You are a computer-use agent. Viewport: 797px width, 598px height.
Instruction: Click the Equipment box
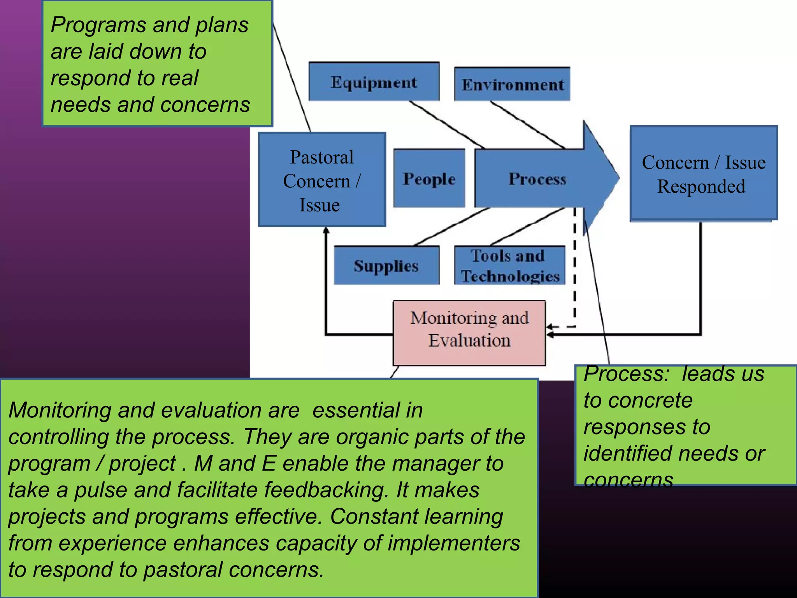374,82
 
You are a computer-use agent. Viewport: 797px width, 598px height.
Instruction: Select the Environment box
512,84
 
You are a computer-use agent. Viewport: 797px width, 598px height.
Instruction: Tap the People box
429,178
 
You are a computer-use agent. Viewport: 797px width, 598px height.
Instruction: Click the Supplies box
386,266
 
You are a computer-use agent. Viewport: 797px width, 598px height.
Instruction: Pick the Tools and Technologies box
509,266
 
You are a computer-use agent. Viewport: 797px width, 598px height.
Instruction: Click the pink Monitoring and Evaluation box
469,332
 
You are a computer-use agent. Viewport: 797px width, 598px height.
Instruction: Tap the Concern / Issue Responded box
704,174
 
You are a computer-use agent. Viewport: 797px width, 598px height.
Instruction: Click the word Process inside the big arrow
537,178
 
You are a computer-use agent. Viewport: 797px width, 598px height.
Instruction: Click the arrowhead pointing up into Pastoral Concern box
326,230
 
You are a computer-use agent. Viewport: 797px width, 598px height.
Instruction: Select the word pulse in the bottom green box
100,490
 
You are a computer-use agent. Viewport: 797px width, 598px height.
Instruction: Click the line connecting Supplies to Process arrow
451,227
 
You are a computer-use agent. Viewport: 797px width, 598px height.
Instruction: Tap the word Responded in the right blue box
701,186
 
